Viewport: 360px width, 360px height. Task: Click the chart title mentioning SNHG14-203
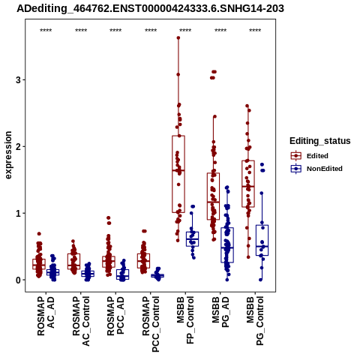click(150, 8)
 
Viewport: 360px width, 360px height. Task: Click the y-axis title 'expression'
click(8, 155)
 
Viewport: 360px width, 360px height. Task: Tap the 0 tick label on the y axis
click(18, 280)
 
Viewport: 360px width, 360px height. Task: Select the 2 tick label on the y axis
click(18, 146)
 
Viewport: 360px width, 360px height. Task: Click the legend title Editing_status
click(320, 141)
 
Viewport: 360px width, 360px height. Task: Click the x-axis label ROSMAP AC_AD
click(46, 316)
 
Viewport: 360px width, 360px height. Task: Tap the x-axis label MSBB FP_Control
click(185, 320)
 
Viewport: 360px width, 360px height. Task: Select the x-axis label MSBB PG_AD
click(220, 312)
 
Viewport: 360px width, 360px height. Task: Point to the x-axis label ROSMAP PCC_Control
click(151, 324)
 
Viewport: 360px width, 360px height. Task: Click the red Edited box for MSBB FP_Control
click(178, 174)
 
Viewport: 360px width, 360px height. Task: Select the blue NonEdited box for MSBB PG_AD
click(227, 245)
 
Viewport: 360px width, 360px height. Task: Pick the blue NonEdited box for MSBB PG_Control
click(262, 240)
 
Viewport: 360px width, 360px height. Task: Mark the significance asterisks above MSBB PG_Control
click(255, 31)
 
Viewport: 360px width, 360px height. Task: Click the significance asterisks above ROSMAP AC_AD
click(46, 31)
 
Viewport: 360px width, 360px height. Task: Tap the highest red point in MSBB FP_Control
click(178, 38)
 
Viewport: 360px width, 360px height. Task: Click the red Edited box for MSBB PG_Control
click(248, 184)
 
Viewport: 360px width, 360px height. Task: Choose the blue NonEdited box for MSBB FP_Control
click(192, 239)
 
